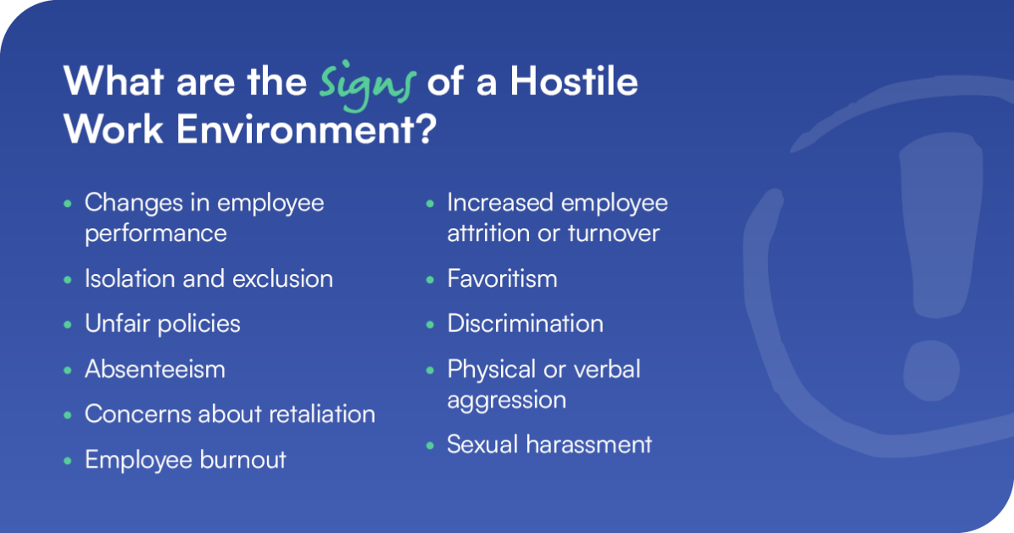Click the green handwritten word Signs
point(369,84)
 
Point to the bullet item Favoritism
point(502,278)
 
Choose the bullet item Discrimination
point(525,323)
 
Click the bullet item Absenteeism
point(154,369)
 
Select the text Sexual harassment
point(549,444)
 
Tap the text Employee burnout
point(185,459)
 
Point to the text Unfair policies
point(162,323)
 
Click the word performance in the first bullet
point(155,233)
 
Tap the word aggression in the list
point(506,399)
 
